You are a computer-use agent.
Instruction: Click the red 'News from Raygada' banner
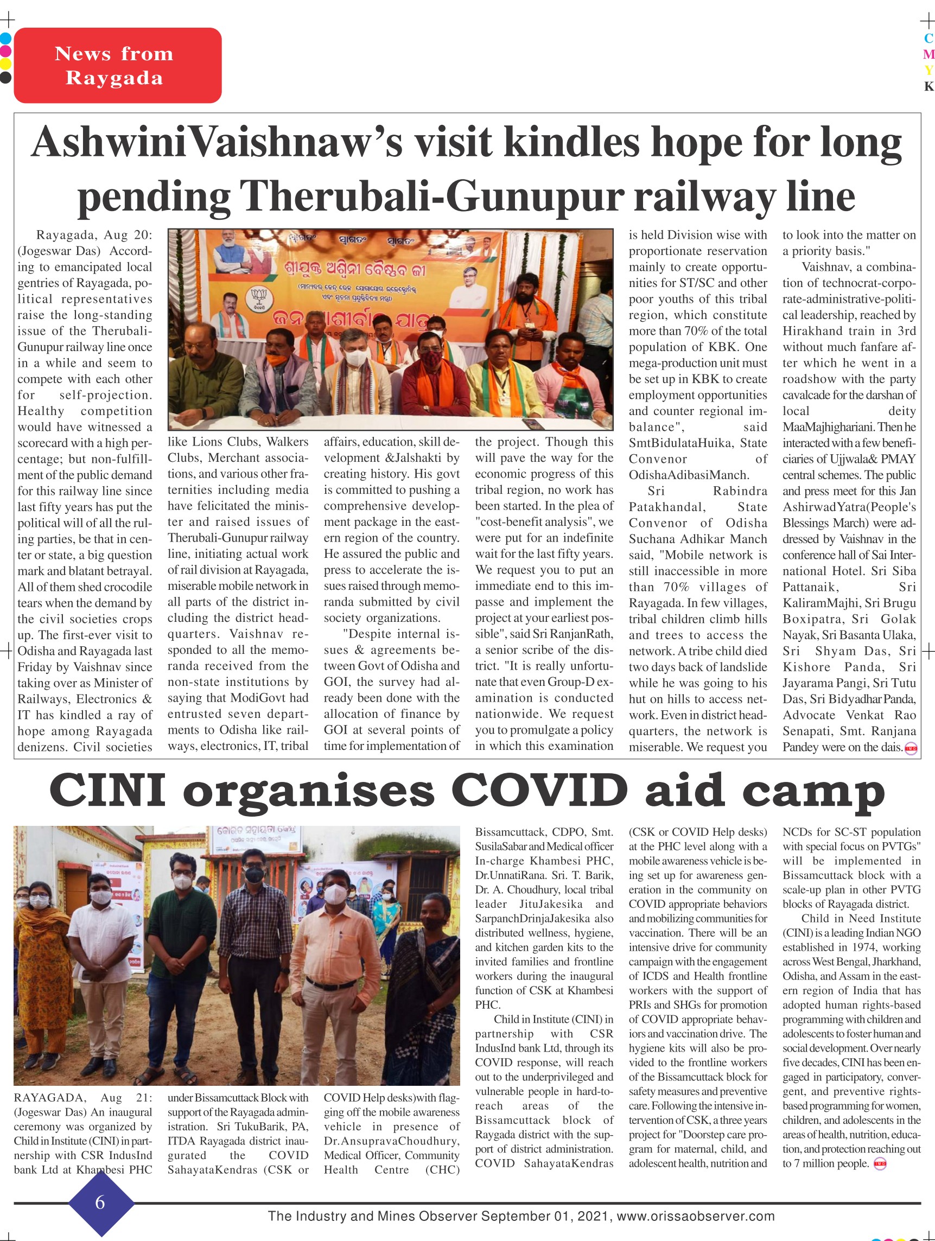117,66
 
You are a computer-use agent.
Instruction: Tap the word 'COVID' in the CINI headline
538,790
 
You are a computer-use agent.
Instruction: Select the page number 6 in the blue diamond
100,1202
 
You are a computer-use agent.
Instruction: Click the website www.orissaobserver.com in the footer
695,1215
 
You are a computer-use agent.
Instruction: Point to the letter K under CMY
929,86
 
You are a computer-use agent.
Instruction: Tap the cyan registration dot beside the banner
5,39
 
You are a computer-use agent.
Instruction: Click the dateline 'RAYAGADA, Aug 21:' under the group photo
83,1097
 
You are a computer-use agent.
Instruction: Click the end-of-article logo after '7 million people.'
880,1164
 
